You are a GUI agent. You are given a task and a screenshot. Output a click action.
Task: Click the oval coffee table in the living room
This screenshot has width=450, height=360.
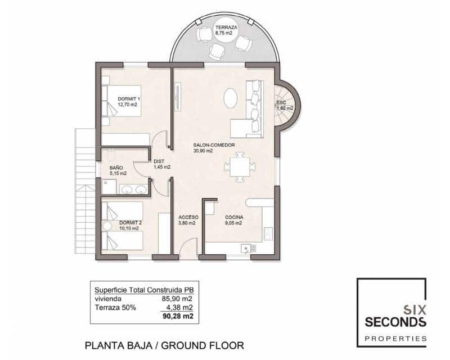231,98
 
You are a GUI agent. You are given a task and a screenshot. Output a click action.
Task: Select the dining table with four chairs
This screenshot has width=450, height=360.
240,165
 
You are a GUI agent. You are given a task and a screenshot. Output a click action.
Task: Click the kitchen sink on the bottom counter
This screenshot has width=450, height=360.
246,248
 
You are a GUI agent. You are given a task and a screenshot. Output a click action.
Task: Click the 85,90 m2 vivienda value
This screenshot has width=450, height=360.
177,299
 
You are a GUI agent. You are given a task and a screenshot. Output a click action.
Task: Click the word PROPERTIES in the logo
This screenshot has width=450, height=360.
395,338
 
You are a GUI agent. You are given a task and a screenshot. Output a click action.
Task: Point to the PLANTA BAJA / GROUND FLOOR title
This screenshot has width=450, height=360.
164,344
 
